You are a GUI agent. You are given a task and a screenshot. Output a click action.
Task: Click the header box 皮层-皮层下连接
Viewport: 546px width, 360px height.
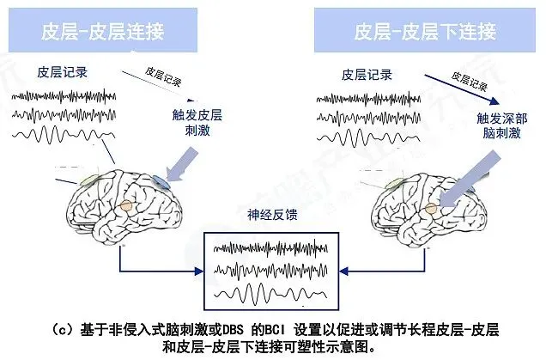point(424,33)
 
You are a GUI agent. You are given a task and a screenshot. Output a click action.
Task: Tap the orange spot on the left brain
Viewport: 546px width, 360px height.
point(126,206)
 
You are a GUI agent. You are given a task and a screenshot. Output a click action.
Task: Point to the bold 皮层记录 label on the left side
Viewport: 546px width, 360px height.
point(62,74)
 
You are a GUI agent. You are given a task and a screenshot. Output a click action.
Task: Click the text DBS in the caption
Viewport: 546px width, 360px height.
point(221,327)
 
